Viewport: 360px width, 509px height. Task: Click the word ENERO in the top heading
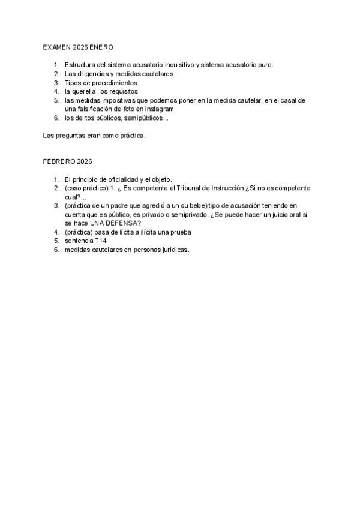101,47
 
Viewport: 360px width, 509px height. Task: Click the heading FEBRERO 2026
67,161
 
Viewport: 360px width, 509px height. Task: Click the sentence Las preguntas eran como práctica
94,136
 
